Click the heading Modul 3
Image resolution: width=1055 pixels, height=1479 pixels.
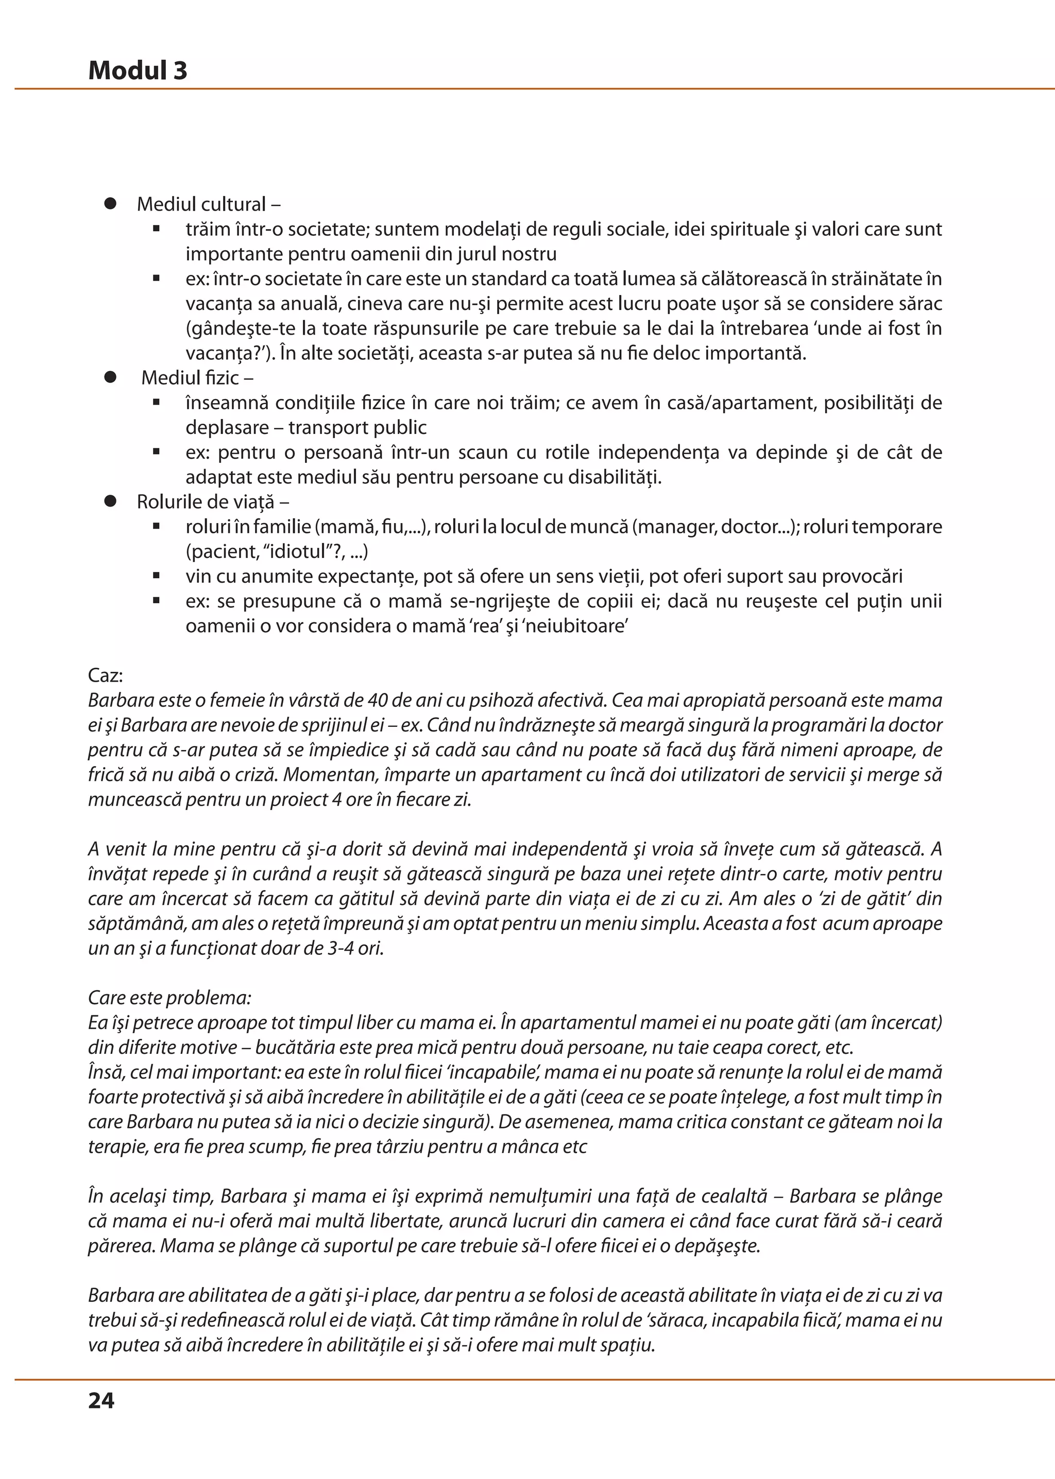click(x=137, y=70)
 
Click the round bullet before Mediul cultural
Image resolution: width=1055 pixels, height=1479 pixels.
click(x=110, y=203)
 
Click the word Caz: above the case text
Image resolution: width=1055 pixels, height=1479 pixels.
click(x=105, y=675)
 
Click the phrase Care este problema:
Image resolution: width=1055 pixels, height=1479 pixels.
click(x=169, y=997)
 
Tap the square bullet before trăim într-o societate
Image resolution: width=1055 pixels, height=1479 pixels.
click(x=157, y=229)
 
